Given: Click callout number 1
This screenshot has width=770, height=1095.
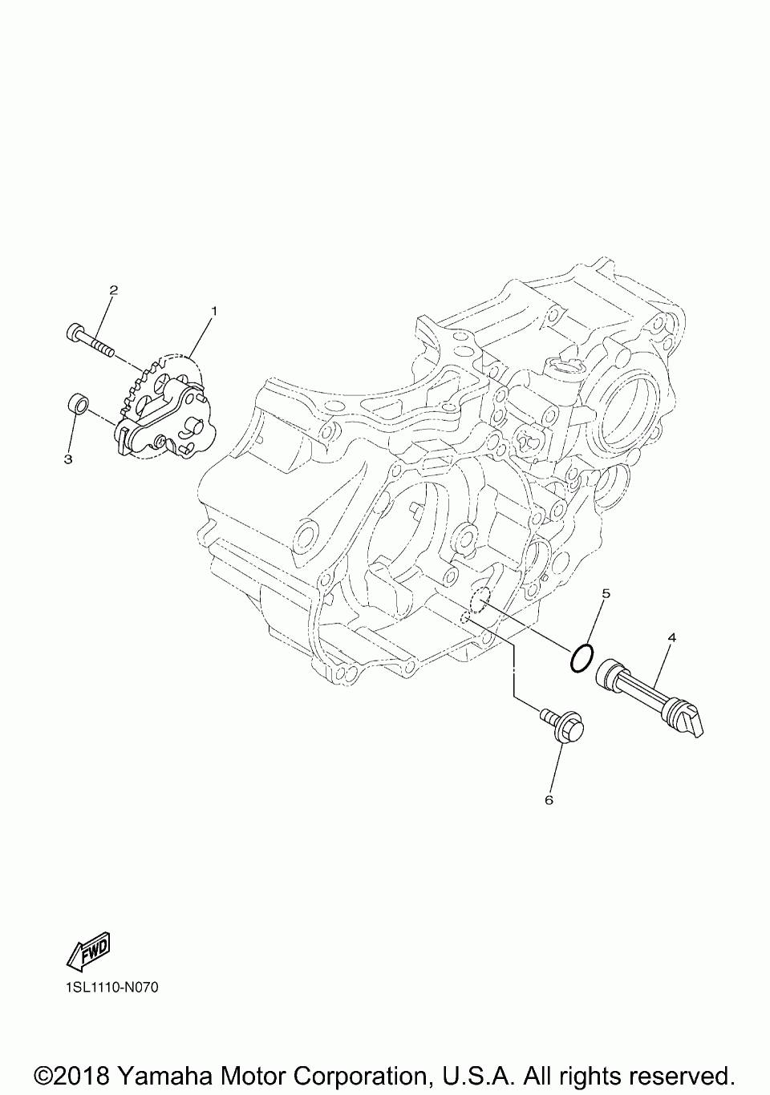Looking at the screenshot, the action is point(213,311).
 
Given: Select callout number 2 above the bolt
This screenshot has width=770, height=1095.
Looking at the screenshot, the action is point(113,290).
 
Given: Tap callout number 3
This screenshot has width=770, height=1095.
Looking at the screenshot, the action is point(68,459).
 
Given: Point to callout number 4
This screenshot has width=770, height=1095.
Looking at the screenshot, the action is point(671,637).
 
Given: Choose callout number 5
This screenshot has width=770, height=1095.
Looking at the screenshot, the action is point(606,593).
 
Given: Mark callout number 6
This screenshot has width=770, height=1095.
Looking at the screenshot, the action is point(549,800).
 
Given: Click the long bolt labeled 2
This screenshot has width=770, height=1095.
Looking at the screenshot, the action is point(90,340).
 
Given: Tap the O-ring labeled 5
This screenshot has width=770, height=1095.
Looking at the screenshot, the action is point(582,657).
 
